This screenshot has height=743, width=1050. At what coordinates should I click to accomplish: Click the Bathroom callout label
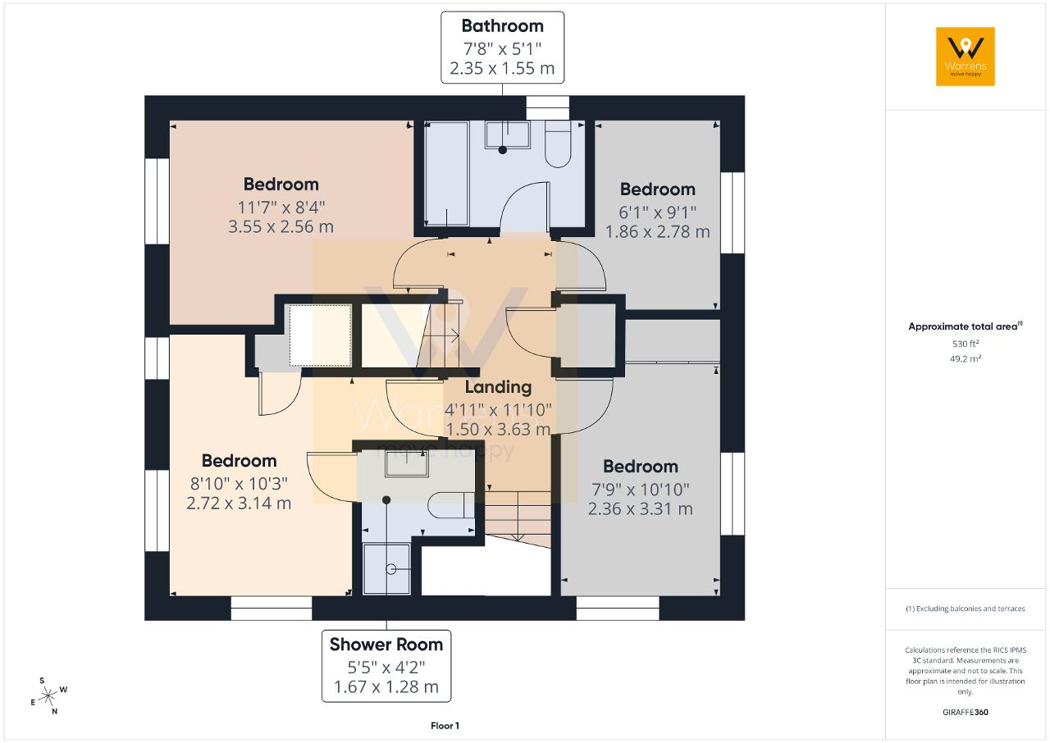(502, 48)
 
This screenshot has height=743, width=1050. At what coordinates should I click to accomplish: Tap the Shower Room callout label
(386, 666)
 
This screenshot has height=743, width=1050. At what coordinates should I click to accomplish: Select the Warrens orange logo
(966, 57)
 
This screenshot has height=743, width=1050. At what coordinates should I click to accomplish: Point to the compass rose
(48, 696)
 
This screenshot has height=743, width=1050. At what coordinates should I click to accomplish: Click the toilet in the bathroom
(558, 144)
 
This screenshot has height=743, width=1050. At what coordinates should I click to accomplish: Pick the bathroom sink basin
(508, 134)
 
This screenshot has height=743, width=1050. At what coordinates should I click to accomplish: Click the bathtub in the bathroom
(446, 173)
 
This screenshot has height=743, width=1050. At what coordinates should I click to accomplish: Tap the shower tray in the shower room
(386, 568)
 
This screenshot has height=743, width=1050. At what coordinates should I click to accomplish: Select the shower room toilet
(451, 505)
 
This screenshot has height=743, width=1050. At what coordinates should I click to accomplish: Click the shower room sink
(407, 464)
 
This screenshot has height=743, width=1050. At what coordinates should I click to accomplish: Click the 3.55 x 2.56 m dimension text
(281, 226)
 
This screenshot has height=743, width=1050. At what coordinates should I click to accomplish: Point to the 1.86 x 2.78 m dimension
(657, 232)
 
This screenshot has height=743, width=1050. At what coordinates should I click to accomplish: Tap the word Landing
(498, 387)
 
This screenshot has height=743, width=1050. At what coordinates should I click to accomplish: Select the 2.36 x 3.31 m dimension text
(641, 508)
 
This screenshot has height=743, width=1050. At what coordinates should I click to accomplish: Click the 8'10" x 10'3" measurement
(239, 484)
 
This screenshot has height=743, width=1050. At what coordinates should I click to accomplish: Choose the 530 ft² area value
(966, 344)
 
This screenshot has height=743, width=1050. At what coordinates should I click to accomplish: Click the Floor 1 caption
(445, 726)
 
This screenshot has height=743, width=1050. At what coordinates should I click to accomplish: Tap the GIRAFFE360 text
(966, 712)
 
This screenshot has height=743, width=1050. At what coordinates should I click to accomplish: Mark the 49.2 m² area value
(966, 358)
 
